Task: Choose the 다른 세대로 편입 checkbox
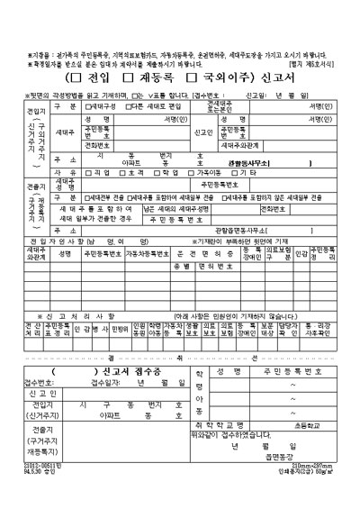(130, 106)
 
